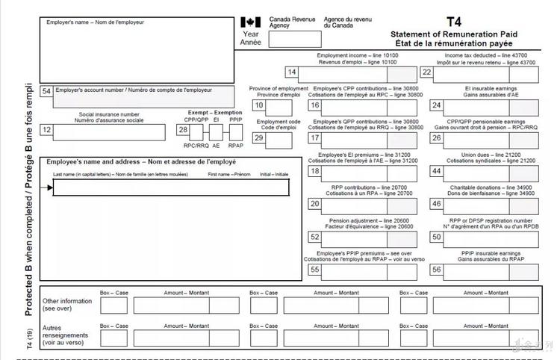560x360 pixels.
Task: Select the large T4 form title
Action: click(x=454, y=22)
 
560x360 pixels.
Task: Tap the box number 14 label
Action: click(x=293, y=72)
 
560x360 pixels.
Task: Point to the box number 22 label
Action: click(x=426, y=72)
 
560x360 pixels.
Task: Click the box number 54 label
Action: click(x=46, y=91)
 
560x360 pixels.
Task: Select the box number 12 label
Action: click(x=46, y=130)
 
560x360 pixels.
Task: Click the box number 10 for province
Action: click(x=259, y=105)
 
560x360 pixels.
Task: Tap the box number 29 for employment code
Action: click(x=259, y=137)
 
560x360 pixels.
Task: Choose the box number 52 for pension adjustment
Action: click(x=314, y=238)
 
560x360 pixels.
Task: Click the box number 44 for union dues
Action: click(x=436, y=172)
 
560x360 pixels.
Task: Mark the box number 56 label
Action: click(x=436, y=270)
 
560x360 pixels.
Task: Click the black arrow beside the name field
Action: click(x=49, y=187)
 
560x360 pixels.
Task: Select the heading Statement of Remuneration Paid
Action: click(x=454, y=34)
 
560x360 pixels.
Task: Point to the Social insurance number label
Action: click(x=108, y=117)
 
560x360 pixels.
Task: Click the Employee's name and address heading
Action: click(x=141, y=162)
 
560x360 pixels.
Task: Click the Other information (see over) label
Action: click(x=68, y=304)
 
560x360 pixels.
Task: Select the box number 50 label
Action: click(x=436, y=238)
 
